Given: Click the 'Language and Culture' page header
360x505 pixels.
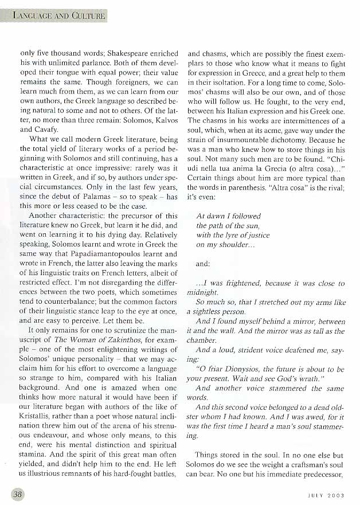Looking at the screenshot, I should tap(58, 15).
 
